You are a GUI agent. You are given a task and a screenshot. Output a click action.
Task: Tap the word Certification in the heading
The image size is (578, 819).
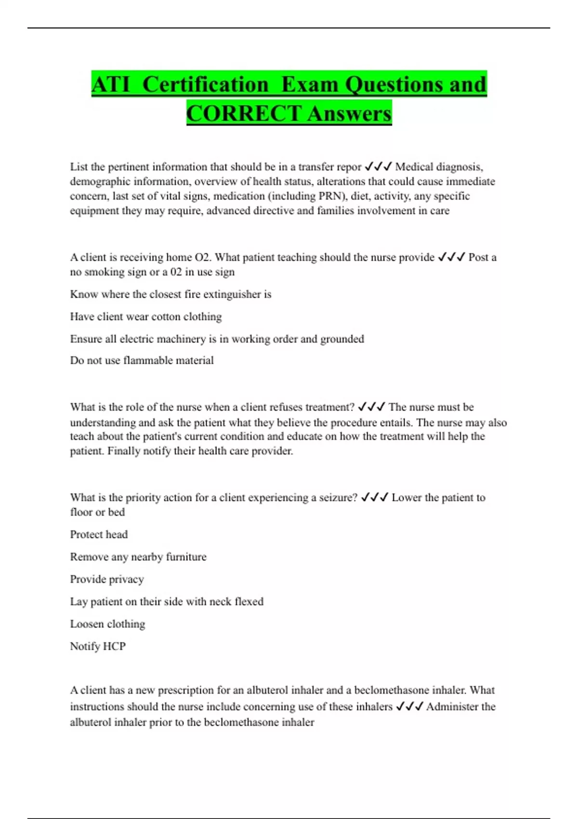(205, 85)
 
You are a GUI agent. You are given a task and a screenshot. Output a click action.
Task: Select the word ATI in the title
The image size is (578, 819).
(111, 85)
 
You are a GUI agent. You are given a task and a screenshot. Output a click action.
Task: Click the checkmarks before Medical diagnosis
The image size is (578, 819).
(378, 167)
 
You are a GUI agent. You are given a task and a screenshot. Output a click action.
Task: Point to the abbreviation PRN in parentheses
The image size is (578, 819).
(330, 196)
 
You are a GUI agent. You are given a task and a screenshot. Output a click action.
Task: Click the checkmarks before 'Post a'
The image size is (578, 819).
(451, 257)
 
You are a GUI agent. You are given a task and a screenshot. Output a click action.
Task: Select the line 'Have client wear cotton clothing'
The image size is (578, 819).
(146, 317)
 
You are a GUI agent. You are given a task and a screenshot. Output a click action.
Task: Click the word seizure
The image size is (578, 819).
(338, 498)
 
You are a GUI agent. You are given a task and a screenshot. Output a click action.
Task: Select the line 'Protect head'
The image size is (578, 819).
(99, 534)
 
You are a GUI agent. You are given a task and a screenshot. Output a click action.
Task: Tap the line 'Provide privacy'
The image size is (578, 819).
(107, 579)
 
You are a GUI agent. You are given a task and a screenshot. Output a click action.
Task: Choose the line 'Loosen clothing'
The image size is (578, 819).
(107, 624)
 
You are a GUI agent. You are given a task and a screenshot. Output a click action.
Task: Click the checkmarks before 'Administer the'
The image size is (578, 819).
(409, 707)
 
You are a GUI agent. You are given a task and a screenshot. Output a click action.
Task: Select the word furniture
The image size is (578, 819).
(186, 557)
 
